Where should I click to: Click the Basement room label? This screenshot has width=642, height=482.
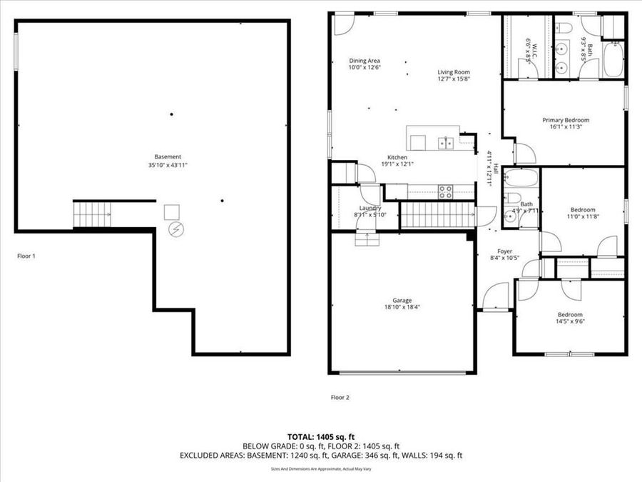point(168,157)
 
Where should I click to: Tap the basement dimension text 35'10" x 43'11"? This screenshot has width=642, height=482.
point(168,165)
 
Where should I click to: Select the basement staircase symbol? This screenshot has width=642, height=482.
point(93,214)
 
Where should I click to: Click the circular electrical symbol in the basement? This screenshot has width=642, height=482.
point(174,229)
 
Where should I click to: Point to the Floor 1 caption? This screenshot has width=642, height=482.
point(26,255)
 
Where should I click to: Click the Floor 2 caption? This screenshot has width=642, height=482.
point(340,397)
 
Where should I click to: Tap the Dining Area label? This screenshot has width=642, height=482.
point(364,61)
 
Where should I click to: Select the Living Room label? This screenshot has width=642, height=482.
point(454,72)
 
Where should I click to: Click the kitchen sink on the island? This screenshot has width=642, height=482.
point(447,143)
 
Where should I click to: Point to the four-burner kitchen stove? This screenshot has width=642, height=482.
point(444,191)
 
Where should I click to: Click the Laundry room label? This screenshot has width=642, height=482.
point(370,208)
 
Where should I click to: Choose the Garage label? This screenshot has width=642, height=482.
point(402,301)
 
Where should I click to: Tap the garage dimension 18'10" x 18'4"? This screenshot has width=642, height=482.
point(402,308)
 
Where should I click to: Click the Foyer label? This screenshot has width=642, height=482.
point(505,251)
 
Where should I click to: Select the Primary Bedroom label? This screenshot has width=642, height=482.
point(566,120)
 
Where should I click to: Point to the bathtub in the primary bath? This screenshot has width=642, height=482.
point(613,61)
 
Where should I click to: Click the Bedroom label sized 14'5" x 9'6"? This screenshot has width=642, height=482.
point(570,315)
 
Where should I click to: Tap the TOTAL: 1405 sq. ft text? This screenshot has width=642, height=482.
point(321,436)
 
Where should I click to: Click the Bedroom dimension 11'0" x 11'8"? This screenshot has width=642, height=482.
point(581,216)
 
